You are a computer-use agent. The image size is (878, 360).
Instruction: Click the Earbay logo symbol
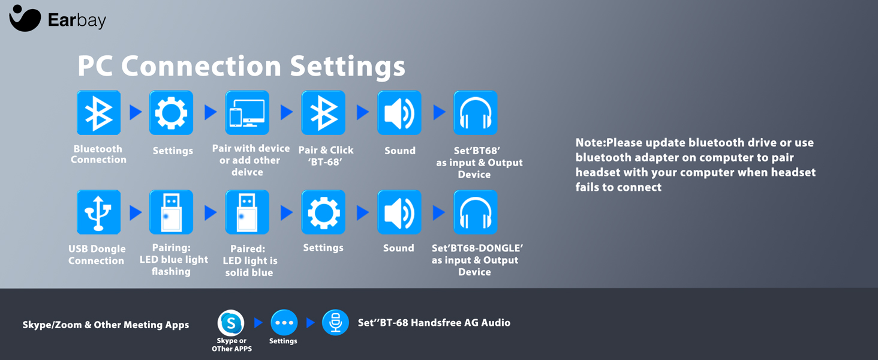(25, 18)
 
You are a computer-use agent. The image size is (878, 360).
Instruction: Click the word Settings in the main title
(347, 66)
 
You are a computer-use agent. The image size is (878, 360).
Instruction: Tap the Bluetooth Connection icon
(99, 113)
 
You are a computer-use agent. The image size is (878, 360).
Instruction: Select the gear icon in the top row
(171, 113)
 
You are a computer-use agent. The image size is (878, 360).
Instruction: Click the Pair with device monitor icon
(247, 113)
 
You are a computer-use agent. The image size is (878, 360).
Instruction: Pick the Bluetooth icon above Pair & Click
(323, 113)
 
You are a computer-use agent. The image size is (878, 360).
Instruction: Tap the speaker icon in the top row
(399, 113)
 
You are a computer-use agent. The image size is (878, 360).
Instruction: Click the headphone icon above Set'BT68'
(476, 113)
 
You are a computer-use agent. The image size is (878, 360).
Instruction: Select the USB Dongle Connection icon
(99, 212)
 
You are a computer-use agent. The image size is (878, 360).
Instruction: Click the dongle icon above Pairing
(171, 212)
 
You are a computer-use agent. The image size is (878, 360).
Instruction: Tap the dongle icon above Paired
(247, 212)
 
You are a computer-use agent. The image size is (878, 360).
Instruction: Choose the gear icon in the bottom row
(323, 212)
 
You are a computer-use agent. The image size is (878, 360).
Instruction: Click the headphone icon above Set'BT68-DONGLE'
(476, 212)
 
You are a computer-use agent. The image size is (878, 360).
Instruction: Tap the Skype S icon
(231, 323)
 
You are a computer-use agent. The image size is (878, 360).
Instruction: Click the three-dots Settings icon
(284, 323)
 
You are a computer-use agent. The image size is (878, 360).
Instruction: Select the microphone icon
(335, 323)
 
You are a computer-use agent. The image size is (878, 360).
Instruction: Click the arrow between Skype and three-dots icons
(258, 323)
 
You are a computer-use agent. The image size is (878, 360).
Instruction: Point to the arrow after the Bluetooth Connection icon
(135, 112)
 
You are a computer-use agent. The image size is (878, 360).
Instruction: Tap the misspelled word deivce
(247, 172)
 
